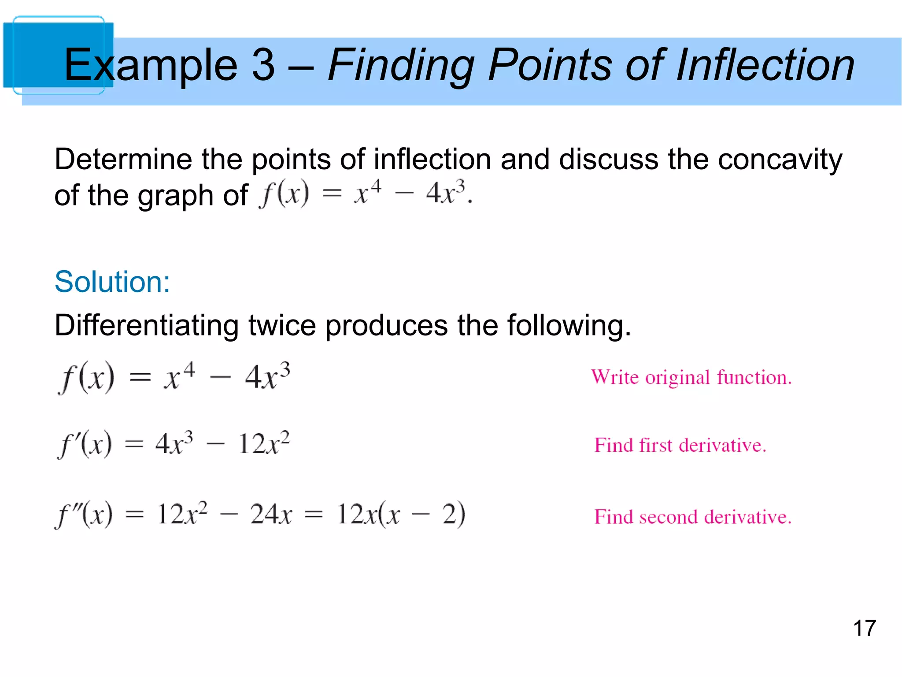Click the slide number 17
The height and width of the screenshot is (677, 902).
[x=864, y=628]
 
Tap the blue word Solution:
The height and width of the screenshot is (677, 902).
[x=112, y=282]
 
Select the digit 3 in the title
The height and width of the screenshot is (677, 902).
[x=263, y=65]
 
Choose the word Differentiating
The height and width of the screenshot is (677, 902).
[x=146, y=326]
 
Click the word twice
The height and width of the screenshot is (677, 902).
[x=282, y=326]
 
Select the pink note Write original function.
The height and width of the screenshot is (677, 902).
[x=691, y=378]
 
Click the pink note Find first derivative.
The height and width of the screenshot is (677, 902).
[x=680, y=445]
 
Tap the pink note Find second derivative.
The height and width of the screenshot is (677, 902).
[x=693, y=517]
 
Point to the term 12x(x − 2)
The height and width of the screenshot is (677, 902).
[x=401, y=514]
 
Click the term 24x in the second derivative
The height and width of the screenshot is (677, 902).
[x=271, y=514]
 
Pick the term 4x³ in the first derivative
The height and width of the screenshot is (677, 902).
[x=174, y=444]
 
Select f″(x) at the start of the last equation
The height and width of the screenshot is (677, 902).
[x=84, y=514]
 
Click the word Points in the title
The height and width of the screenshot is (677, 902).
[x=551, y=65]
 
